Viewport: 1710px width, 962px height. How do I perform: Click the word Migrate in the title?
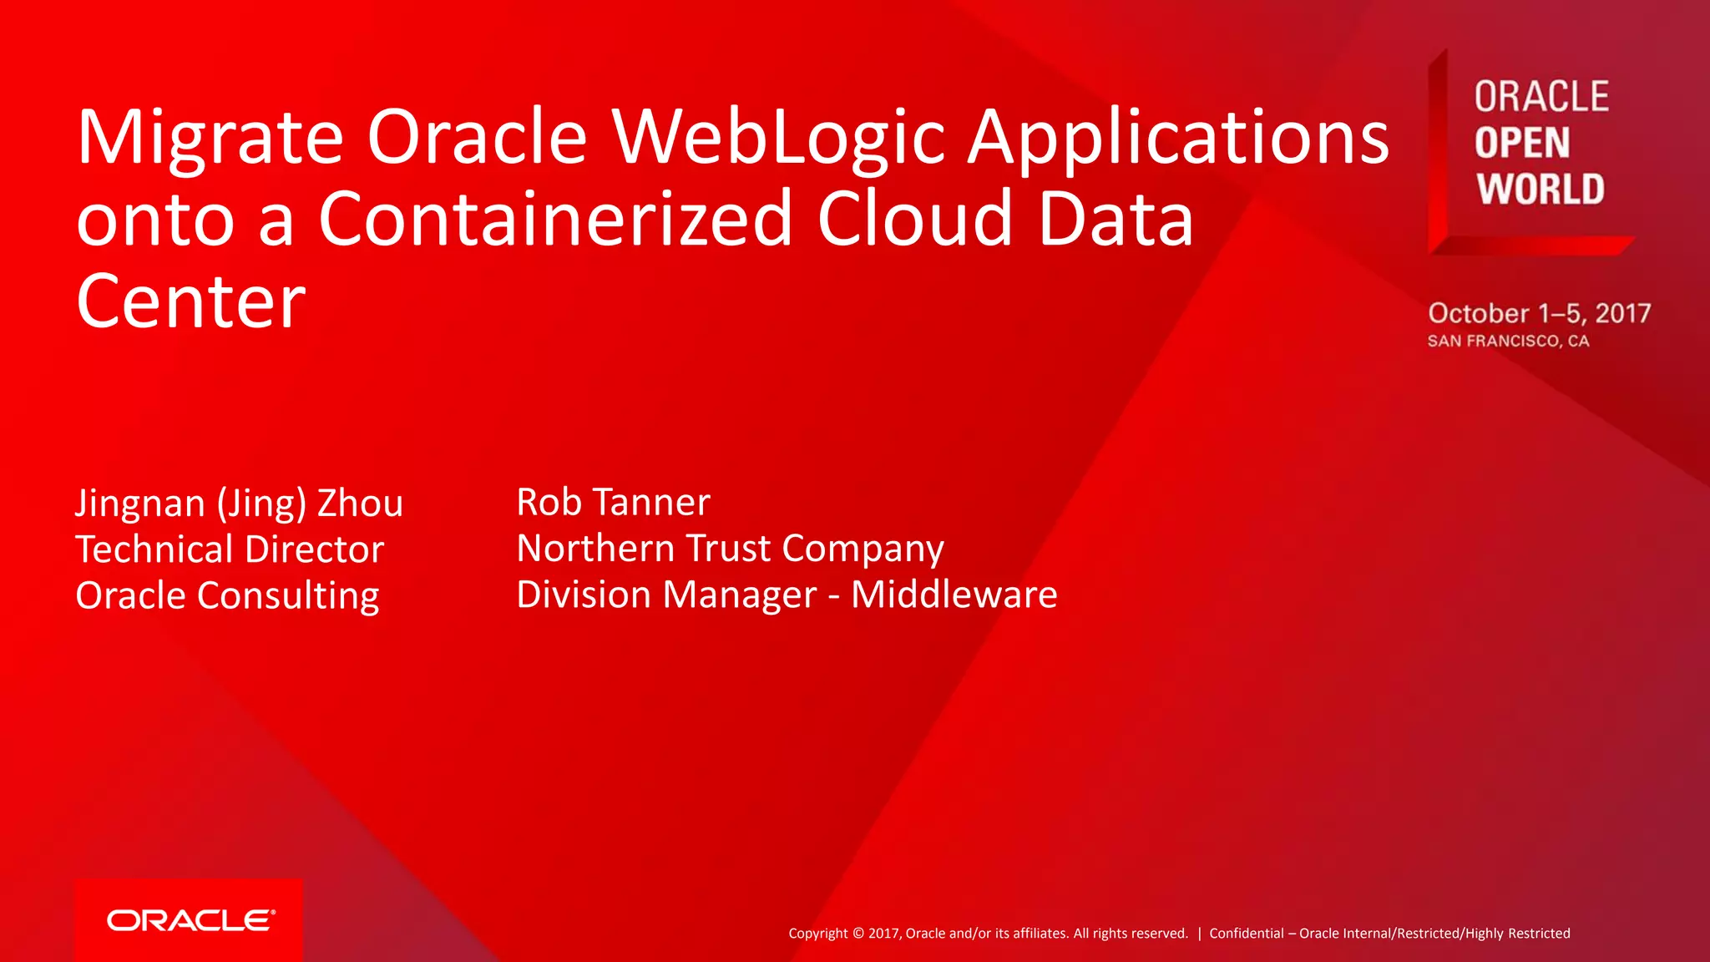point(210,139)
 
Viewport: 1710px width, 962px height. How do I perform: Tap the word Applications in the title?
point(1177,139)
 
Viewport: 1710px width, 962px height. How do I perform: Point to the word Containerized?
point(554,219)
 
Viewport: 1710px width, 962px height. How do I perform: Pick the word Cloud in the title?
point(914,219)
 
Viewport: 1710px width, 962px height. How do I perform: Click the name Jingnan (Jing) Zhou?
point(239,503)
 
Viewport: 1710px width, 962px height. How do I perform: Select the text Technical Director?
point(230,549)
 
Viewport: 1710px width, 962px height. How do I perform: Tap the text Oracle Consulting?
point(227,595)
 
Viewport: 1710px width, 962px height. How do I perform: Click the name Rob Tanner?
point(613,502)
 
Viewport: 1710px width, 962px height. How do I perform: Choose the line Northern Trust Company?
point(730,549)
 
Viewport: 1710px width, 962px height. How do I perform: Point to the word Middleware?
point(954,595)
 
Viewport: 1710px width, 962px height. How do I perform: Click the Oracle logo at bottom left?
point(190,920)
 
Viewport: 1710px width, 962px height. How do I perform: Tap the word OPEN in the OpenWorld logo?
point(1521,143)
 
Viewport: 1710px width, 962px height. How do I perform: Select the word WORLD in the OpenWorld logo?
point(1541,189)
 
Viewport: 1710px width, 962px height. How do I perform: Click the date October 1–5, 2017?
point(1539,313)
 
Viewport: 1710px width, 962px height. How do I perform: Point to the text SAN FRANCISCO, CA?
point(1508,341)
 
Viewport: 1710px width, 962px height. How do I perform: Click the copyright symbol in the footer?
point(858,934)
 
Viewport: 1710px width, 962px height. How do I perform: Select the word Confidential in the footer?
point(1246,934)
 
